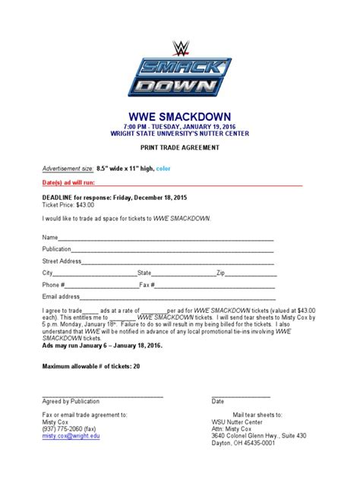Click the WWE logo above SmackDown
(180, 49)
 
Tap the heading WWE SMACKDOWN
(180, 109)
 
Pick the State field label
(144, 272)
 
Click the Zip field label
(221, 272)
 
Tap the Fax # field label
(147, 284)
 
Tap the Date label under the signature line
(218, 400)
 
